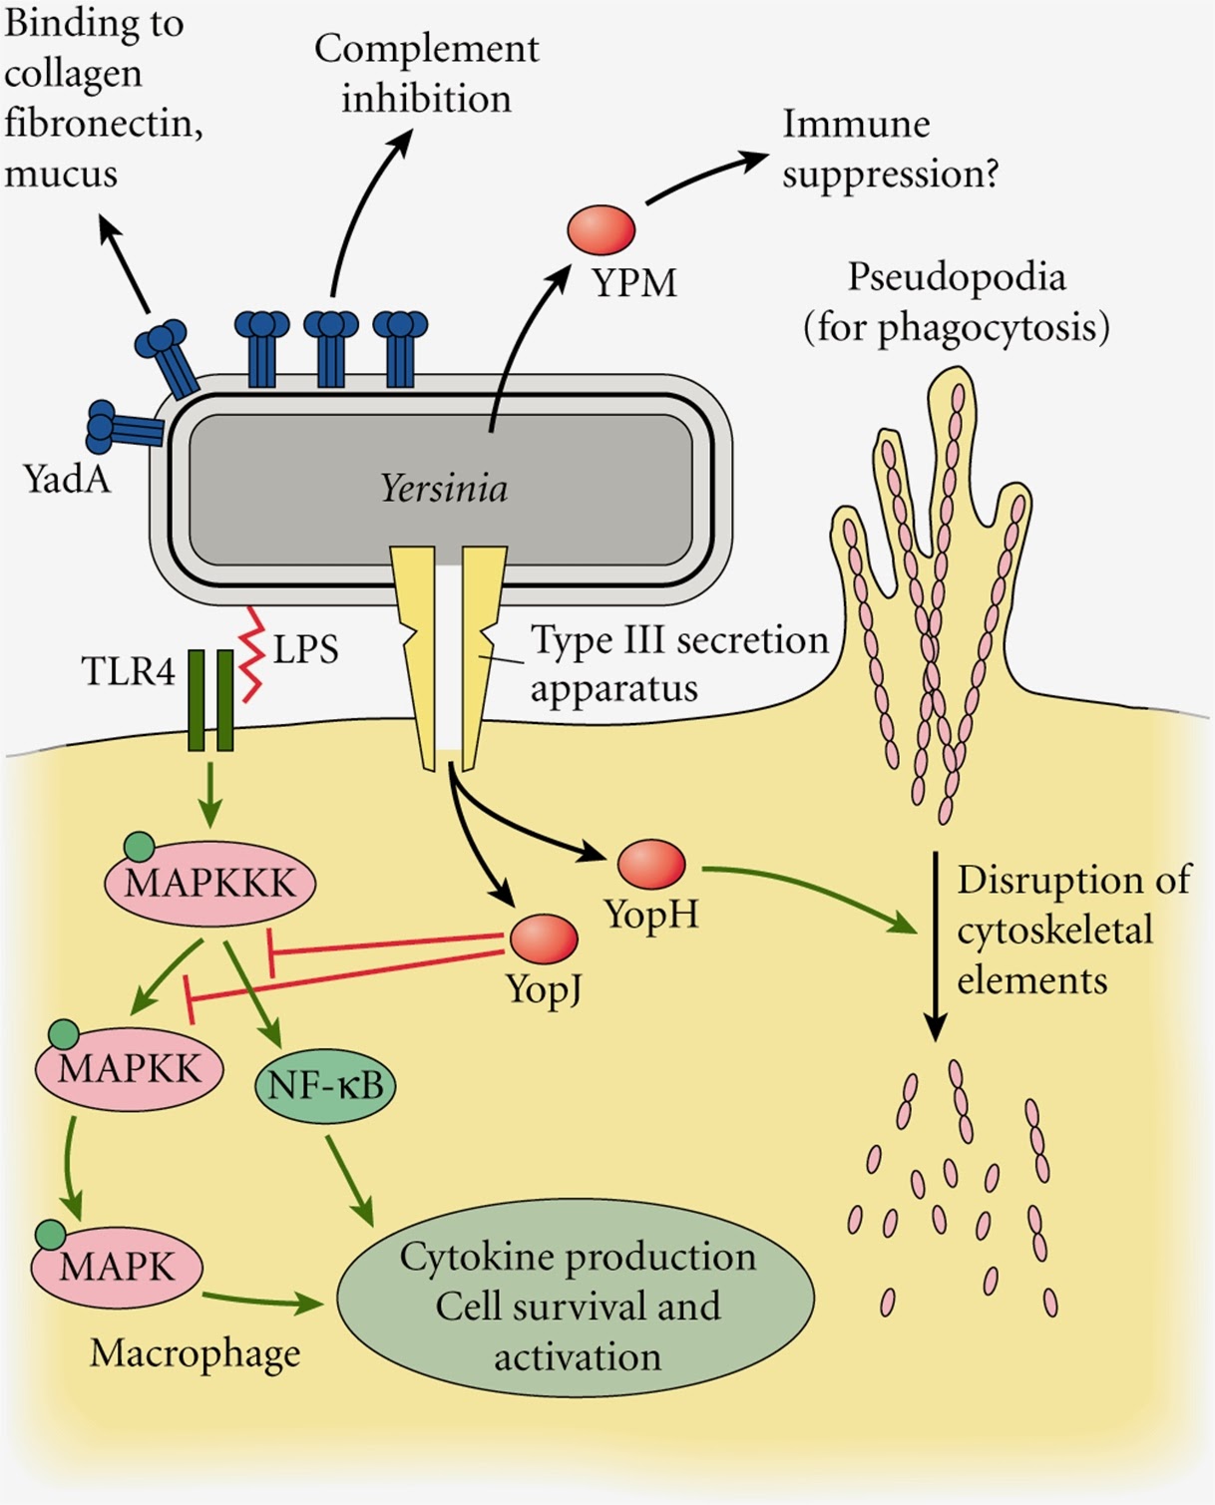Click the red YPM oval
[x=602, y=229]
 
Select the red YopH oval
[x=651, y=864]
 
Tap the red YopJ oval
[x=544, y=939]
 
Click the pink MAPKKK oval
[x=210, y=884]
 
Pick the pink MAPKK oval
[x=130, y=1069]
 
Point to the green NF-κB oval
[x=325, y=1085]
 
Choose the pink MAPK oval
[x=118, y=1268]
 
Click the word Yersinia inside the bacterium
[x=444, y=489]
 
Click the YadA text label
[x=67, y=479]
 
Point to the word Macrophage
[x=196, y=1353]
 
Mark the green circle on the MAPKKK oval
[x=139, y=847]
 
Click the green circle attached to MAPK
[x=50, y=1235]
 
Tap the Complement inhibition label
[x=427, y=74]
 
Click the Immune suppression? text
[x=890, y=149]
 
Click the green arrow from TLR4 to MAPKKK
[x=210, y=794]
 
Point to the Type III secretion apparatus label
[x=678, y=663]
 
